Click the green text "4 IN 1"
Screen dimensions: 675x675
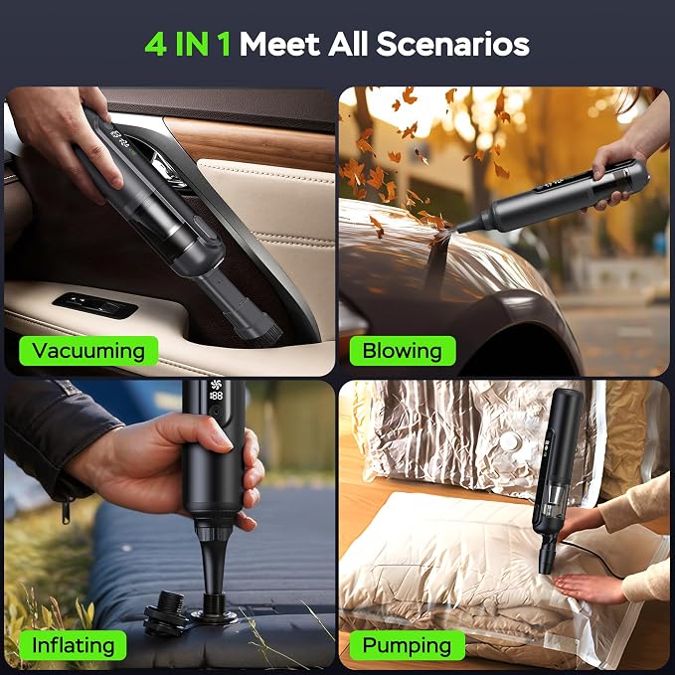click(187, 44)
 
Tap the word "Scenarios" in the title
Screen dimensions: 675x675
click(453, 44)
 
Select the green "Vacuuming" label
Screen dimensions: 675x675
click(88, 351)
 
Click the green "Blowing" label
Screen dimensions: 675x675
click(402, 351)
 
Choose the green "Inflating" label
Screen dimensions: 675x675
click(73, 645)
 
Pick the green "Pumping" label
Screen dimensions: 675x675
click(407, 645)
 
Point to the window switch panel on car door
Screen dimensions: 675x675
click(95, 305)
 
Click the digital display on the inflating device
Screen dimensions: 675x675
click(216, 390)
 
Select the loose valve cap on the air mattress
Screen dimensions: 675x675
click(165, 613)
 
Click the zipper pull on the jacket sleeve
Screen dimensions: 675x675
click(66, 511)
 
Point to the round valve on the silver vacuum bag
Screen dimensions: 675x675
click(511, 441)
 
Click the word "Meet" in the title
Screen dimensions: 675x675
click(279, 44)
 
